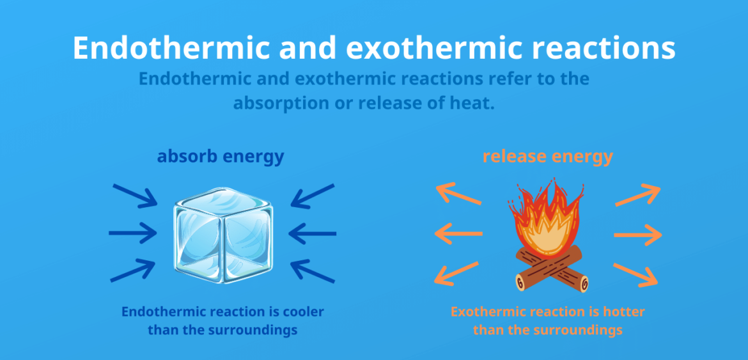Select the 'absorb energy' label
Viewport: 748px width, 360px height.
tap(221, 157)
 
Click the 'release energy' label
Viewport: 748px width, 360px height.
tap(548, 156)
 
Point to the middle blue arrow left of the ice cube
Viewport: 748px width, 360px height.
tap(132, 233)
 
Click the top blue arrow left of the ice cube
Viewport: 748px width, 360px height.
tap(134, 195)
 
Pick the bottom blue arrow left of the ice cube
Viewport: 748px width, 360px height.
tap(133, 270)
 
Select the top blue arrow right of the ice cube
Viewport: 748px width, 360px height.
tap(313, 196)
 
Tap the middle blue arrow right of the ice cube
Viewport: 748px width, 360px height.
tap(313, 233)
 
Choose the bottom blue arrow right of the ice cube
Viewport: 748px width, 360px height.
tap(313, 270)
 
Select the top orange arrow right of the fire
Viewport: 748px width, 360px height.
tap(637, 195)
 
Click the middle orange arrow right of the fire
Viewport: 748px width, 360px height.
tap(638, 235)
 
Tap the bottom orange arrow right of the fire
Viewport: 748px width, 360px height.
tap(636, 274)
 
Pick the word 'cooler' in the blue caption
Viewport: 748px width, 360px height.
tap(302, 312)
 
